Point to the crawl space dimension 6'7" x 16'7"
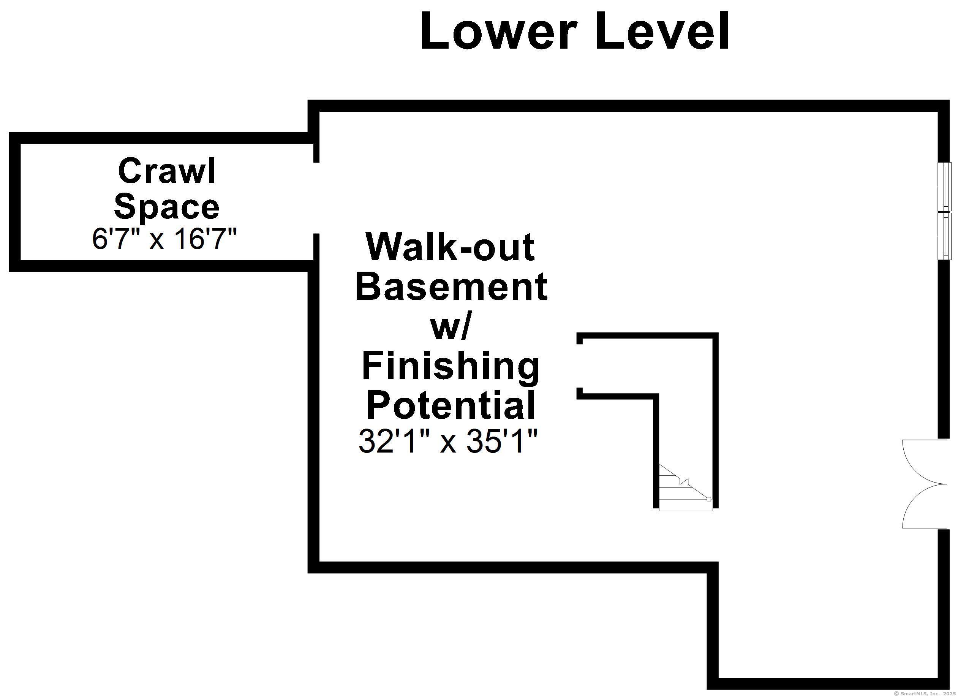coord(165,239)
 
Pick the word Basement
coord(451,286)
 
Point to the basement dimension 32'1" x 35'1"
coord(448,442)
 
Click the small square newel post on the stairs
coord(709,499)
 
